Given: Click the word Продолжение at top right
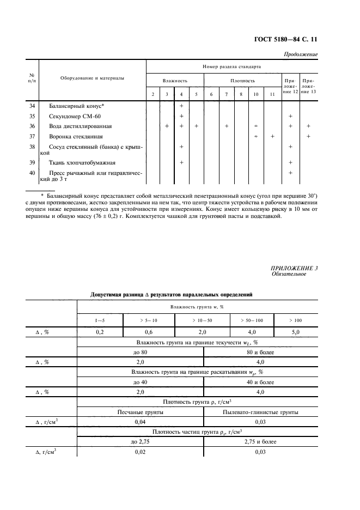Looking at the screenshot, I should tap(301, 54).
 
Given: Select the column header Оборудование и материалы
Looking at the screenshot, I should tap(92, 78).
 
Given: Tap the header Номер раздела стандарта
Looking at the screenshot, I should tap(232, 66).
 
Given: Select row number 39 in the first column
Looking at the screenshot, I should tap(32, 162).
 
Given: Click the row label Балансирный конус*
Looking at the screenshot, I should tap(77, 106).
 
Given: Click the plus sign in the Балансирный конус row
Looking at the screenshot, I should tap(181, 106).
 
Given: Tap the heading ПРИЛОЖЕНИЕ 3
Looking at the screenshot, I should tap(294, 268).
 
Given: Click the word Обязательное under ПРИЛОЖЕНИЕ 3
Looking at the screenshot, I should tap(289, 274).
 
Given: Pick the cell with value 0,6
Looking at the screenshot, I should tap(146, 331).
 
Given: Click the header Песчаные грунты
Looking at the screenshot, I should tap(141, 412).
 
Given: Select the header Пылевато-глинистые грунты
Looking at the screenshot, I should tap(260, 412).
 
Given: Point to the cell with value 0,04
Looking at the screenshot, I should tap(141, 422).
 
